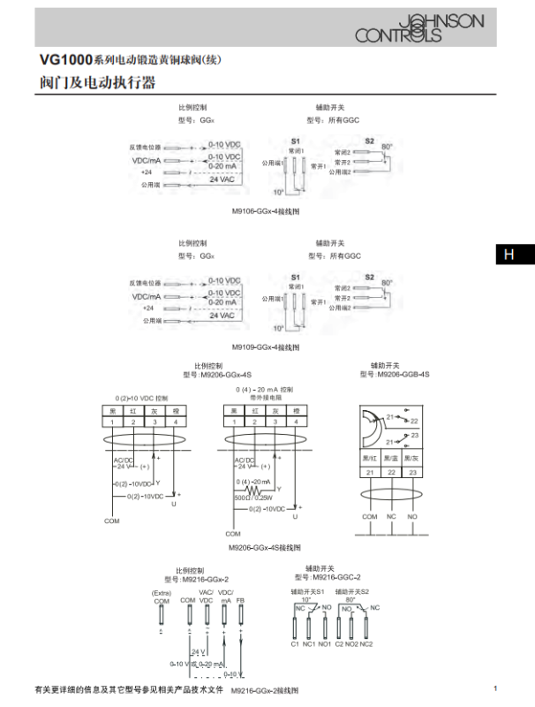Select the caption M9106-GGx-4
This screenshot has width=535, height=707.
point(266,213)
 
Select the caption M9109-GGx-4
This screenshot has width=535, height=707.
point(266,347)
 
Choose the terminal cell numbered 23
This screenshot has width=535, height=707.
point(412,474)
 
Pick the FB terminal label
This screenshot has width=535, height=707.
point(240,601)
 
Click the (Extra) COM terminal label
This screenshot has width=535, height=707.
point(162,597)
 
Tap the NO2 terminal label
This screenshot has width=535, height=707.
point(352,644)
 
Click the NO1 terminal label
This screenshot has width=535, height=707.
point(325,644)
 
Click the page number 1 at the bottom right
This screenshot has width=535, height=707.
point(495,688)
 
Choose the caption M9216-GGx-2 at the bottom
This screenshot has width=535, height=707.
point(265,690)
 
